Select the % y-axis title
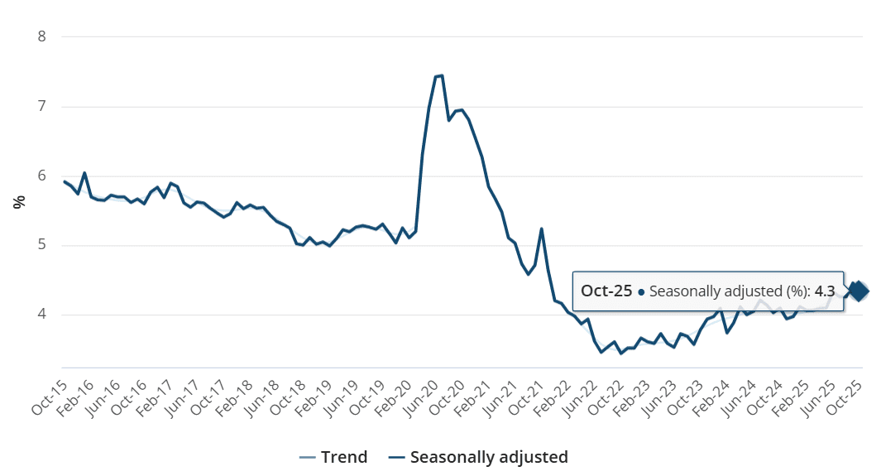coord(18,202)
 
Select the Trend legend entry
coord(335,457)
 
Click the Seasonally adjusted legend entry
coord(480,457)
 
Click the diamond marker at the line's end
coord(858,291)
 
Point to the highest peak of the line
coord(442,75)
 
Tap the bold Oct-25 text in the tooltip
coord(606,291)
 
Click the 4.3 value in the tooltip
coord(824,291)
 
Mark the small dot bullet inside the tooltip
coord(641,291)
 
